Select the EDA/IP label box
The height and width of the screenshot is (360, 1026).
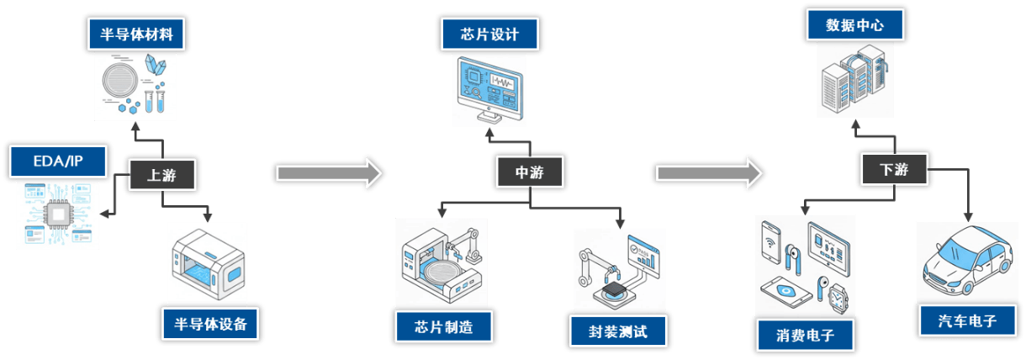[x=59, y=161]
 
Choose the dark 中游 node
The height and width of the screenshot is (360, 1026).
[x=529, y=172]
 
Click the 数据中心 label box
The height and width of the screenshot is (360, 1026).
[x=854, y=26]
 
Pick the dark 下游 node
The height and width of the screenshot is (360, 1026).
[x=894, y=169]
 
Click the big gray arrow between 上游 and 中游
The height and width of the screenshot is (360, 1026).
[x=329, y=172]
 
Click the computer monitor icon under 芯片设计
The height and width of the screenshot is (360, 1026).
[x=489, y=88]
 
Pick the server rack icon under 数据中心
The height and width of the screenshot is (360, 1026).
[x=853, y=80]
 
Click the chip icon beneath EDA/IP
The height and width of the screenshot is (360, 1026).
[x=58, y=214]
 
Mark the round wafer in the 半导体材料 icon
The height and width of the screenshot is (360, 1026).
[x=120, y=87]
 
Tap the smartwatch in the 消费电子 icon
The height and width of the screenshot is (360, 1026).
[x=838, y=297]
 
